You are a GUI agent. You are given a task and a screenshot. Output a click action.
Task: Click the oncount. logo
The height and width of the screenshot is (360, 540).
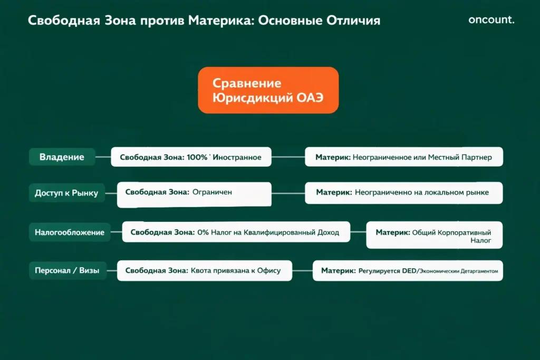point(491,20)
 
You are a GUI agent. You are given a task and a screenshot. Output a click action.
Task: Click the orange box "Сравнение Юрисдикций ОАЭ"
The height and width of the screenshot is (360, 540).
point(268,90)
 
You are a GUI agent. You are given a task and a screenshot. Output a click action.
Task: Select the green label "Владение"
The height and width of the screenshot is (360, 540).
point(62,157)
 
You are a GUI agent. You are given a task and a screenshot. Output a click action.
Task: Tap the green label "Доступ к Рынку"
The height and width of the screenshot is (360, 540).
point(66,193)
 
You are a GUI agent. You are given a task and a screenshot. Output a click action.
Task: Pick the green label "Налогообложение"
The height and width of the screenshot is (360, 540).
point(70,232)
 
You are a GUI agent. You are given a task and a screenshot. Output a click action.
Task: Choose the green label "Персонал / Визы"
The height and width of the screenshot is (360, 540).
point(66,271)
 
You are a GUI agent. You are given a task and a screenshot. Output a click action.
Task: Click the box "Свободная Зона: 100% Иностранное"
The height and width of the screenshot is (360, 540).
point(191,157)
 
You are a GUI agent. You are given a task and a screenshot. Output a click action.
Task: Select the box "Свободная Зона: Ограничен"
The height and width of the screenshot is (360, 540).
point(194,193)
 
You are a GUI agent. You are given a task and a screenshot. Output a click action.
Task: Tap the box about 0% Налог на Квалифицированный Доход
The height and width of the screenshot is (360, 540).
point(236,232)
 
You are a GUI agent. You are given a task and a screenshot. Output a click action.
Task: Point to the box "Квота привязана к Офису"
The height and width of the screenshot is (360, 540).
point(204,271)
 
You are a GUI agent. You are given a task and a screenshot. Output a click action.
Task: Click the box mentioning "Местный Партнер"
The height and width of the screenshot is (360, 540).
point(404,157)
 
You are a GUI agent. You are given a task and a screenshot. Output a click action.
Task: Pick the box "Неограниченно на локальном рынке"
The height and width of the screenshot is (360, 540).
point(404,193)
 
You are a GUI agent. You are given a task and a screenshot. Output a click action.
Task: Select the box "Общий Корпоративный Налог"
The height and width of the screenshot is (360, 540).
point(434,235)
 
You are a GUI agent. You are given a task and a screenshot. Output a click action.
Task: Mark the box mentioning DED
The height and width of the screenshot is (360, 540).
point(408,271)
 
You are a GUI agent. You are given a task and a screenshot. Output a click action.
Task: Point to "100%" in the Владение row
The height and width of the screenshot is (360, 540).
point(197,157)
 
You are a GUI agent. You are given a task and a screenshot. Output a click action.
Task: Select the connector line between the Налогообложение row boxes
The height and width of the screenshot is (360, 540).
point(358,232)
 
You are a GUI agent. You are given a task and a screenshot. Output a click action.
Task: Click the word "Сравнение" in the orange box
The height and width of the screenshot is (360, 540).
point(247,83)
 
